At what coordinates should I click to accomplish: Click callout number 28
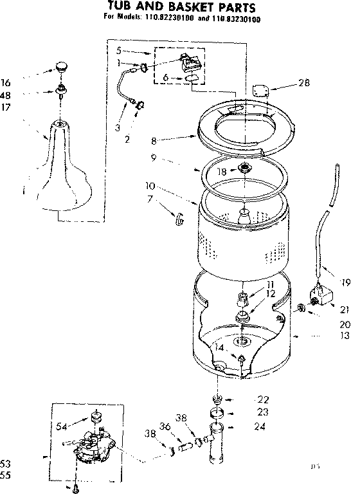coord(305,82)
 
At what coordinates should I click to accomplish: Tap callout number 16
coord(6,82)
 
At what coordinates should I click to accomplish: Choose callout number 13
coord(345,335)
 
